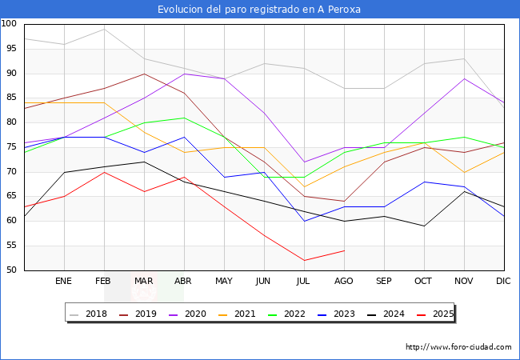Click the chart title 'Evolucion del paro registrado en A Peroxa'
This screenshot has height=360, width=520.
click(x=259, y=9)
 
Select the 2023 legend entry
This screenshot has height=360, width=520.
click(x=341, y=314)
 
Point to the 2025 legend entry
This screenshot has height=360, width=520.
click(x=439, y=314)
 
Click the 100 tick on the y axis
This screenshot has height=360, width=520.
click(x=10, y=24)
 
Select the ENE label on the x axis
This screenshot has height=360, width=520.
click(x=64, y=282)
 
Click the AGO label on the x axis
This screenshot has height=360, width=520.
click(x=344, y=282)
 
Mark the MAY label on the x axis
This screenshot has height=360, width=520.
click(x=224, y=282)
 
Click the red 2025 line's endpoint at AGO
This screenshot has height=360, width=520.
click(x=344, y=250)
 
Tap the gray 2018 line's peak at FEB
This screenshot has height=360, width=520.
click(x=104, y=29)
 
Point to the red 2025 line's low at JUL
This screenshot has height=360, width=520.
click(x=304, y=260)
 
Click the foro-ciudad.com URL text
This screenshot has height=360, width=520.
click(x=458, y=347)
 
